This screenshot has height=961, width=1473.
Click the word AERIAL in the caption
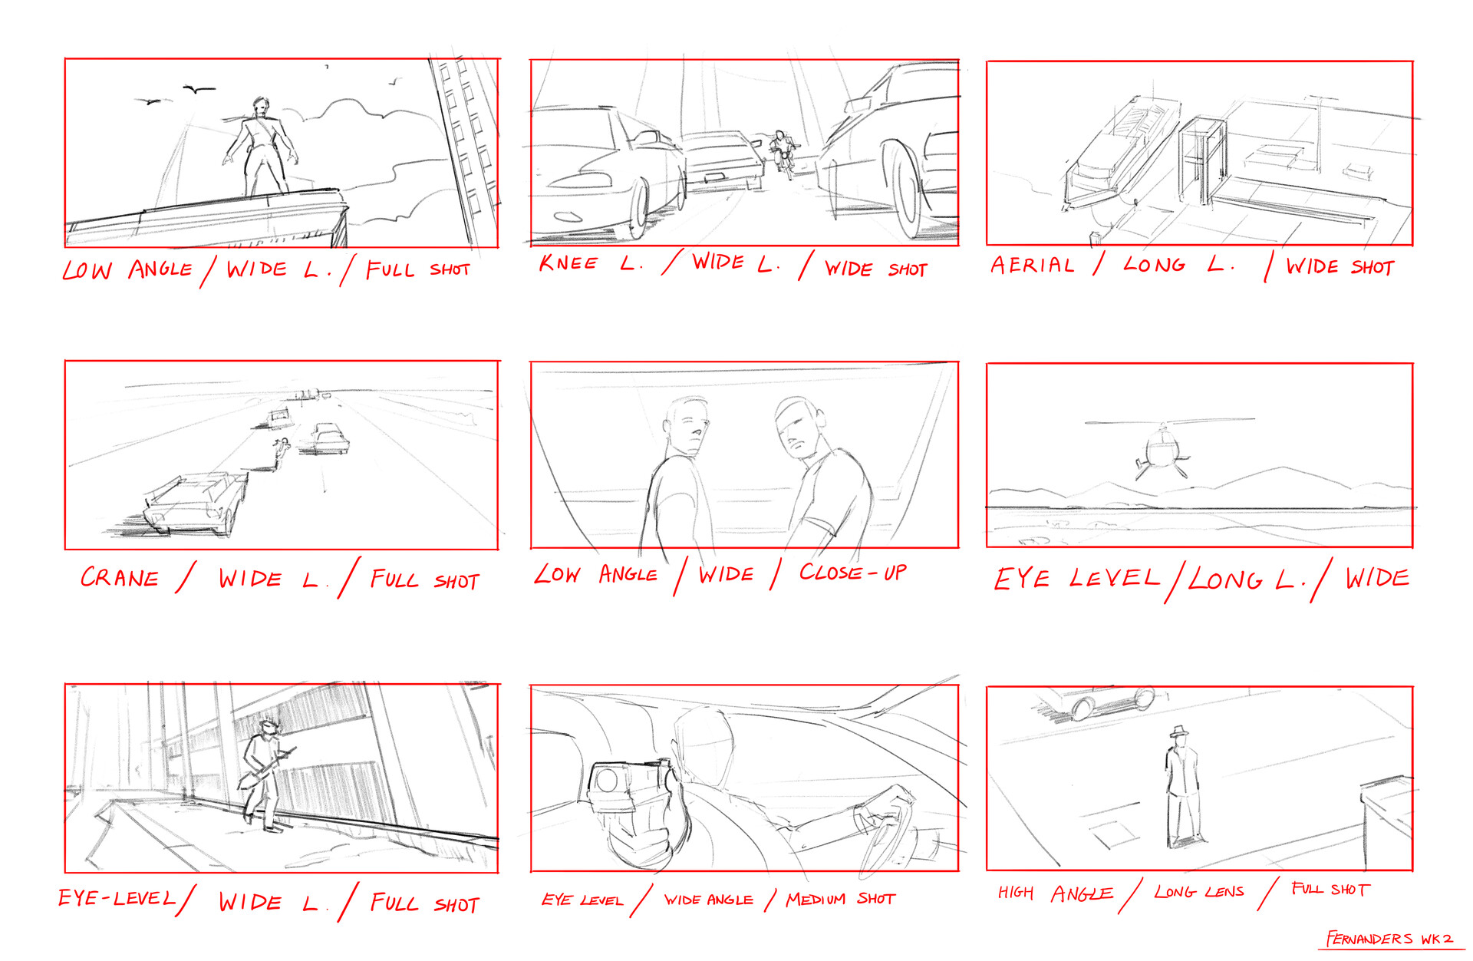pyautogui.click(x=1032, y=265)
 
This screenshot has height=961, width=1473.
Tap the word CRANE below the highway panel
pyautogui.click(x=120, y=577)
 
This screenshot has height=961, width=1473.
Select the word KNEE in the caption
pyautogui.click(x=568, y=263)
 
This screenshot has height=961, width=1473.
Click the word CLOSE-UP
pyautogui.click(x=852, y=572)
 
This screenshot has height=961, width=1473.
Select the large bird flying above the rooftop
pyautogui.click(x=199, y=90)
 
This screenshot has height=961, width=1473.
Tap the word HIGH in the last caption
pyautogui.click(x=1015, y=892)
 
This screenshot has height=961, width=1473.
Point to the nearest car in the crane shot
pyautogui.click(x=196, y=503)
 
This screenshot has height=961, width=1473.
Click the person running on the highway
pyautogui.click(x=281, y=452)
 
